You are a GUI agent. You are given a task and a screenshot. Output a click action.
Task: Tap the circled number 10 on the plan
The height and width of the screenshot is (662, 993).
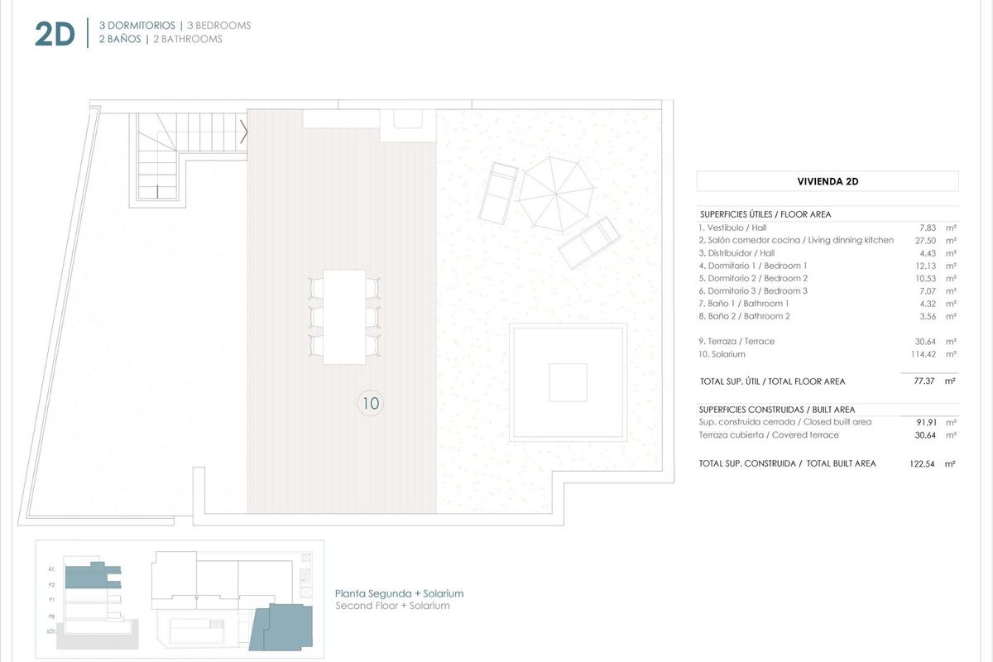pyautogui.click(x=370, y=404)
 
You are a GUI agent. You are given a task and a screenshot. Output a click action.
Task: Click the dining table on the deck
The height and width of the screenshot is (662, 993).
pyautogui.click(x=344, y=316)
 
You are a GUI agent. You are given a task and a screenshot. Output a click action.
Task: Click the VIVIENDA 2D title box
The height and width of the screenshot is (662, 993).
pyautogui.click(x=827, y=181)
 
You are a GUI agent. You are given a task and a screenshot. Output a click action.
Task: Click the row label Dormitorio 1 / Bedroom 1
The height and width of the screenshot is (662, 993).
pyautogui.click(x=753, y=266)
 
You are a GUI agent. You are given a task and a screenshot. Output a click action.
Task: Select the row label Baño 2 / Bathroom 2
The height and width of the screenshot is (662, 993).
pyautogui.click(x=745, y=316)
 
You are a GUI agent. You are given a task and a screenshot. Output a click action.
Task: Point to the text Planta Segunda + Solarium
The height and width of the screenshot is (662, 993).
pyautogui.click(x=399, y=593)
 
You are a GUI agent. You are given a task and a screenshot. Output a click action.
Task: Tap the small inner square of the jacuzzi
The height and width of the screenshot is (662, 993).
pyautogui.click(x=568, y=382)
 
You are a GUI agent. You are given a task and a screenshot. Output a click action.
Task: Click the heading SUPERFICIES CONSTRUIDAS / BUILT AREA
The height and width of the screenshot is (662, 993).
pyautogui.click(x=777, y=410)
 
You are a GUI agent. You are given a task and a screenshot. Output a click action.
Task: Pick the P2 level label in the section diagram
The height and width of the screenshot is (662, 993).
pyautogui.click(x=51, y=583)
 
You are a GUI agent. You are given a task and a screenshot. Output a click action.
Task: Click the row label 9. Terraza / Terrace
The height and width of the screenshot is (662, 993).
pyautogui.click(x=736, y=341)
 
